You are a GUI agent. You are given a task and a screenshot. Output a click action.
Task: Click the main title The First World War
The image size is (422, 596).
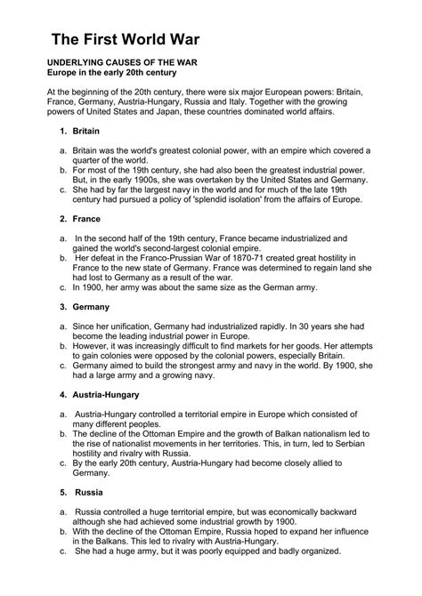(125, 39)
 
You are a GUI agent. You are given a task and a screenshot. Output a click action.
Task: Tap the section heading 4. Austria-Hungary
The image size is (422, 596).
(90, 394)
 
